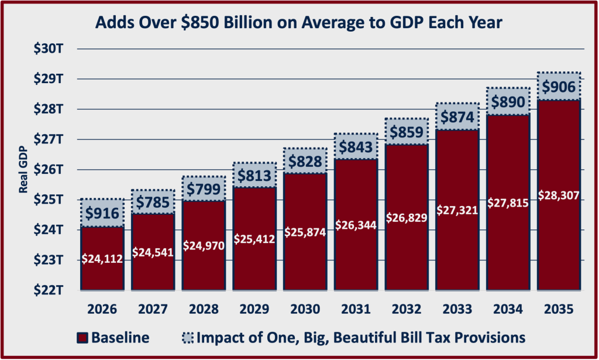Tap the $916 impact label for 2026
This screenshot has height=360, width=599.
(x=102, y=213)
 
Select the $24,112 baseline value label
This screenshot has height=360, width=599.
(x=102, y=259)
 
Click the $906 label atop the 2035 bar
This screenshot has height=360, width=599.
(x=559, y=87)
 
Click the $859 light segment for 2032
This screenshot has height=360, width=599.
(x=406, y=132)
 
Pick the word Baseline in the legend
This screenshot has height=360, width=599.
(x=120, y=338)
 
